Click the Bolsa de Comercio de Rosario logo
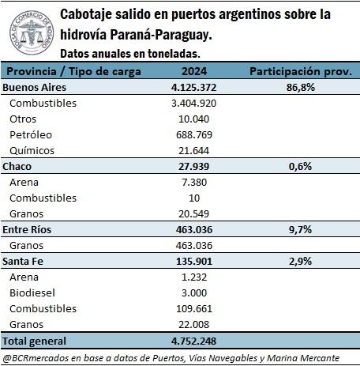click(32, 32)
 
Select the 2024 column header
click(194, 71)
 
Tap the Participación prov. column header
click(301, 71)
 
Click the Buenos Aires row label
click(34, 87)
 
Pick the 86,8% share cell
click(301, 87)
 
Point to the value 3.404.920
click(194, 103)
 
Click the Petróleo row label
click(31, 134)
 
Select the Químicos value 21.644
click(194, 150)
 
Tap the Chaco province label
click(17, 166)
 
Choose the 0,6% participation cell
click(301, 166)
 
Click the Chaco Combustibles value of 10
click(194, 198)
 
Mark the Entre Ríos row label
click(27, 229)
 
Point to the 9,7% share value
click(301, 229)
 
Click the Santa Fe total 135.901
click(194, 261)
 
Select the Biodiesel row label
click(32, 292)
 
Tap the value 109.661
click(194, 308)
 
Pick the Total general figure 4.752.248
click(194, 341)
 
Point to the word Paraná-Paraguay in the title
click(161, 35)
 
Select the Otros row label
click(23, 119)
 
